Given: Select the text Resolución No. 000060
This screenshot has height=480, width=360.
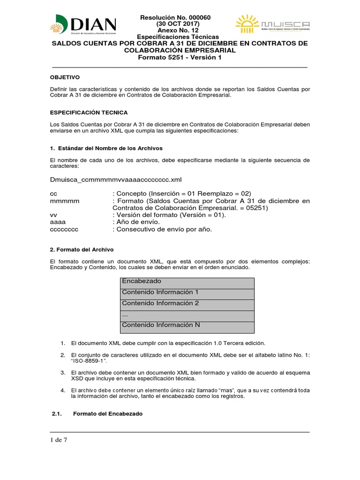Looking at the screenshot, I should pyautogui.click(x=176, y=18).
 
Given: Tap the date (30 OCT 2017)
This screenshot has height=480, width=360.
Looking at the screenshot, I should pyautogui.click(x=176, y=24).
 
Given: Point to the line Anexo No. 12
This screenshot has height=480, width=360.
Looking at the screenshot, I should pyautogui.click(x=176, y=30).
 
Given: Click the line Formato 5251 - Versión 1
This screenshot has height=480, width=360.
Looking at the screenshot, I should pyautogui.click(x=180, y=57).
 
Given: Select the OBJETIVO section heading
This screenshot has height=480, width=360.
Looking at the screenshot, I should pyautogui.click(x=65, y=77).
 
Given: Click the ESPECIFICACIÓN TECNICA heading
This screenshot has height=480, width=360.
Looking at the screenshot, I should pyautogui.click(x=88, y=112).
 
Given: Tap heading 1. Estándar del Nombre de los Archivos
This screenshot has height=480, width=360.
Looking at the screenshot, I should pyautogui.click(x=106, y=148).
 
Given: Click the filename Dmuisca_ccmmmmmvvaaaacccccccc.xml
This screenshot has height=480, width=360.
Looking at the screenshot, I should pyautogui.click(x=115, y=180).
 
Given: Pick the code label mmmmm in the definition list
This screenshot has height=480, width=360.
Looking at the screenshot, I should pyautogui.click(x=65, y=201).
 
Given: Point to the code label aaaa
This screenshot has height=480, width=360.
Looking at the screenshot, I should pyautogui.click(x=58, y=222).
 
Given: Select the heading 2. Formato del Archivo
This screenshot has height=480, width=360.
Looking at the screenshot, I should pyautogui.click(x=82, y=249).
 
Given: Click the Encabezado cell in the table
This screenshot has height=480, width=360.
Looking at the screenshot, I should pyautogui.click(x=142, y=281).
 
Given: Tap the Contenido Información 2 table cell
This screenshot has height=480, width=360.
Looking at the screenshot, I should pyautogui.click(x=160, y=303).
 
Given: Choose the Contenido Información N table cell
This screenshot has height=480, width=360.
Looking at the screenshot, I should pyautogui.click(x=161, y=325).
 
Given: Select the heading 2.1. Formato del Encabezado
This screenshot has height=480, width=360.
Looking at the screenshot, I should pyautogui.click(x=96, y=414).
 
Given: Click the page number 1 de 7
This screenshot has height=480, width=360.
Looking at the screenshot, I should pyautogui.click(x=59, y=440).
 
